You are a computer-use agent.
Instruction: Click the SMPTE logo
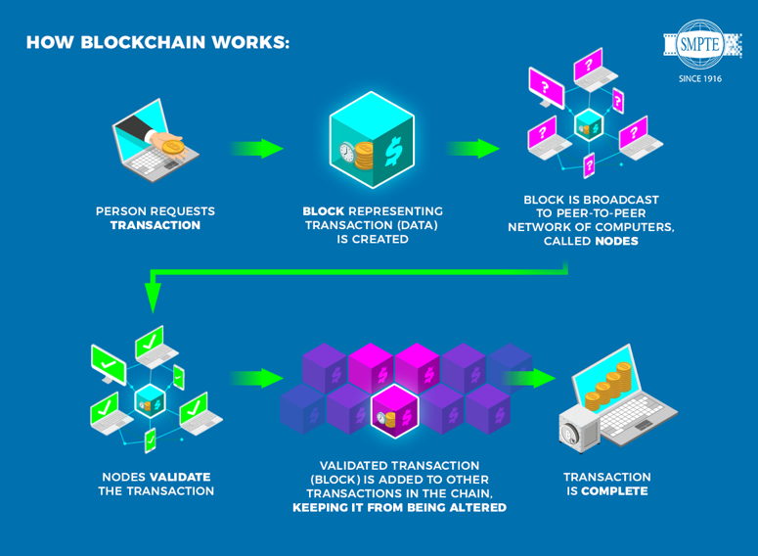(701, 45)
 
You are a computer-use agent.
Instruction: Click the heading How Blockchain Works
(157, 43)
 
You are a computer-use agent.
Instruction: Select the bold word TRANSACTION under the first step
(156, 226)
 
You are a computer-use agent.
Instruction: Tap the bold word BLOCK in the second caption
(323, 211)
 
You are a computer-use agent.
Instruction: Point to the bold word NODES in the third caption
(616, 241)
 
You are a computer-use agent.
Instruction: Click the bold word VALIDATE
(179, 477)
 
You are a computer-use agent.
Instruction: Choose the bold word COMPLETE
(614, 491)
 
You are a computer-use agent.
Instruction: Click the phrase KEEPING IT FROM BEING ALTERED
(399, 508)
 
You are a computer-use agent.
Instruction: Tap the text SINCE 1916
(700, 79)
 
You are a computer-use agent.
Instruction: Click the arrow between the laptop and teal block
(256, 149)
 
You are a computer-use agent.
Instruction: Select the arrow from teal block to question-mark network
(473, 149)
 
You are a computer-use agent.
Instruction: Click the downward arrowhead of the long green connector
(153, 296)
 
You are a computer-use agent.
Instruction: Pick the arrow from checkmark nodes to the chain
(257, 378)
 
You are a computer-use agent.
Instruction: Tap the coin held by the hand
(172, 147)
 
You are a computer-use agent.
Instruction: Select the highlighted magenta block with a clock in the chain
(394, 411)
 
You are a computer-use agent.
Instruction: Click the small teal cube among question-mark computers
(588, 124)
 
